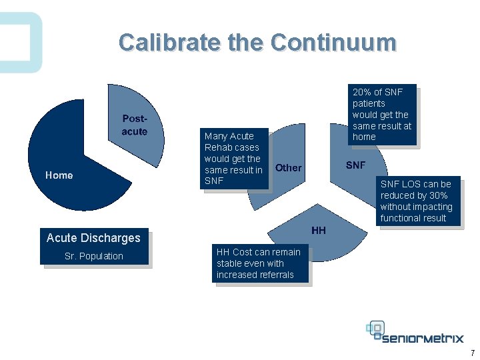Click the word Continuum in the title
[x=333, y=43]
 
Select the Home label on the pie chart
[x=59, y=175]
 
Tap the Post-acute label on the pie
[x=134, y=125]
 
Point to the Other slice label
[x=288, y=168]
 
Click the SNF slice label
[x=355, y=165]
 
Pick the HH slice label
[x=319, y=231]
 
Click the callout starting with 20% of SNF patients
[x=382, y=114]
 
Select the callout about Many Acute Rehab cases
[x=233, y=159]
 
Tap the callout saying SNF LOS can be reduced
[x=416, y=201]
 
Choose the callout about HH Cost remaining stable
[x=259, y=263]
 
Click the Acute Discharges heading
[x=93, y=238]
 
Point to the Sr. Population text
[x=93, y=256]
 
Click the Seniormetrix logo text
[x=424, y=337]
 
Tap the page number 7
[x=472, y=353]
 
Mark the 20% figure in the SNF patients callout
[x=361, y=92]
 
